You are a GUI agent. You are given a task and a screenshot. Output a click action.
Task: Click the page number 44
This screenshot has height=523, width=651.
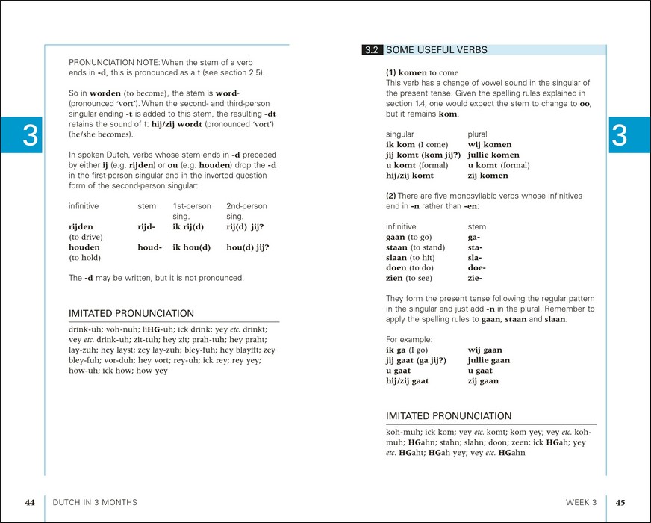30,502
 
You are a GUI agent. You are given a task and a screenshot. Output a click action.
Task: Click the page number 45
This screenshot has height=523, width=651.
620,502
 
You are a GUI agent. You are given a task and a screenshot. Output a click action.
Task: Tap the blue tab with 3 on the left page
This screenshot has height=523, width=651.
30,135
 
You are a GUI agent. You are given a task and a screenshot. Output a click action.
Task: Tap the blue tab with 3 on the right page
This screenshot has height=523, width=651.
620,135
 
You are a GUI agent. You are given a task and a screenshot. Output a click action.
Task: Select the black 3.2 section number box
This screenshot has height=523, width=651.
372,50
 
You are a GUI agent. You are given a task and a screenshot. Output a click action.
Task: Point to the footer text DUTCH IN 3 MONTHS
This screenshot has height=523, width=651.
95,502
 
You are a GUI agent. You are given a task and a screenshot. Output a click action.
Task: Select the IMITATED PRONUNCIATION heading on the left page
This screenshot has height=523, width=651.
131,314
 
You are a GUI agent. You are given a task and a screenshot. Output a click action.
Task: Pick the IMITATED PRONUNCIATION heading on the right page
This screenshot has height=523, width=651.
449,416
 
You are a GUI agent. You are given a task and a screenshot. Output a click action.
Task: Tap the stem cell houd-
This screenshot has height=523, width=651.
149,247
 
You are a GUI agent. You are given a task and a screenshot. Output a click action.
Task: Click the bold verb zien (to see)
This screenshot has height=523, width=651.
396,278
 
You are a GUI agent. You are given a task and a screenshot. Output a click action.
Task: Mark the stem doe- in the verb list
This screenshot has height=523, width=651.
476,267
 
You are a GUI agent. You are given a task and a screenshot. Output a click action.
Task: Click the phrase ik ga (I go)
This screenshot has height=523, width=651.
407,350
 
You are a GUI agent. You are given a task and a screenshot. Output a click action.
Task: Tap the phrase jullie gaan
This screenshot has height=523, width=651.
489,360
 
